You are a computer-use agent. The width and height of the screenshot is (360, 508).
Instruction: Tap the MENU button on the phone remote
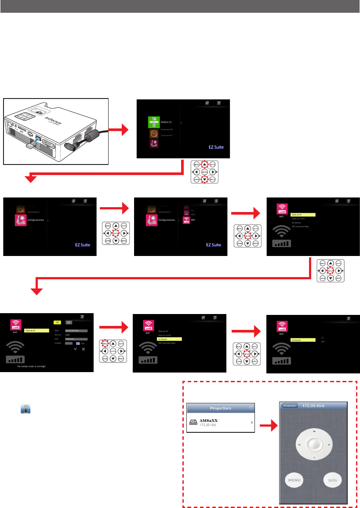(294, 480)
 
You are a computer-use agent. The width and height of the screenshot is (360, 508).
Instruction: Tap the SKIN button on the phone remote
(332, 480)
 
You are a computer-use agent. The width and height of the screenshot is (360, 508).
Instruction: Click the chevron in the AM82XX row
(252, 423)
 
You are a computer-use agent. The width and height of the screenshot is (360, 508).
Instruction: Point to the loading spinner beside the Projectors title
(251, 408)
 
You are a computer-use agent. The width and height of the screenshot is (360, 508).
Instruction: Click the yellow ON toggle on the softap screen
(57, 322)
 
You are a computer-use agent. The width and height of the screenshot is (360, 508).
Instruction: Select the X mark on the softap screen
(83, 349)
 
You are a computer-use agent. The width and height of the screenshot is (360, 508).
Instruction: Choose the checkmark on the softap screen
(75, 349)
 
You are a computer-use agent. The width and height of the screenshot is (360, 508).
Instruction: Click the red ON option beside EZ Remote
(322, 337)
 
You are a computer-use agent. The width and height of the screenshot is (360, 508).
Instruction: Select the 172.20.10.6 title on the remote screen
(313, 406)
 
